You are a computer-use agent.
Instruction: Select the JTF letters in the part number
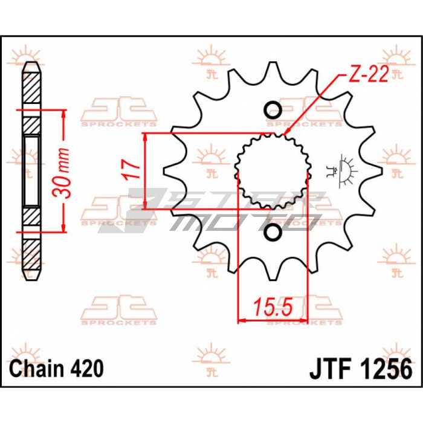click(331, 368)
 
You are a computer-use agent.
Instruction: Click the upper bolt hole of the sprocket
click(273, 111)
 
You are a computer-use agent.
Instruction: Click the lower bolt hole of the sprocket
click(273, 233)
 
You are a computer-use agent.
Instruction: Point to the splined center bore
click(273, 172)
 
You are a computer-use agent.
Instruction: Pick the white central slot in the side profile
click(31, 171)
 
